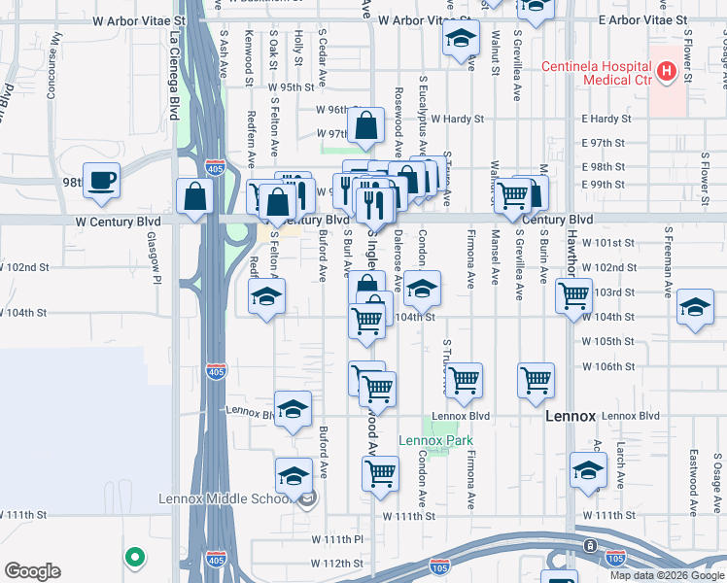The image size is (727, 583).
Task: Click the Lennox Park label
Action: coord(435,440)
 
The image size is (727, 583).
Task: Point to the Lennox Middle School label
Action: coord(225,499)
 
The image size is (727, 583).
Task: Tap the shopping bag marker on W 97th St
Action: coord(365,125)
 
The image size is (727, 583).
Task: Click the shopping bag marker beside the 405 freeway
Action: coord(195,197)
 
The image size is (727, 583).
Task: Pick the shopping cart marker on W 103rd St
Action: coord(573,292)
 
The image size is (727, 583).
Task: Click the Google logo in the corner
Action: coord(32,570)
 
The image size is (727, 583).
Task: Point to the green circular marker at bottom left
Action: coord(135,558)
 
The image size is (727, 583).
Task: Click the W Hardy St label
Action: coord(457,119)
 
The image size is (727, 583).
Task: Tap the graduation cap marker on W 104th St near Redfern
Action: coord(265,297)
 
